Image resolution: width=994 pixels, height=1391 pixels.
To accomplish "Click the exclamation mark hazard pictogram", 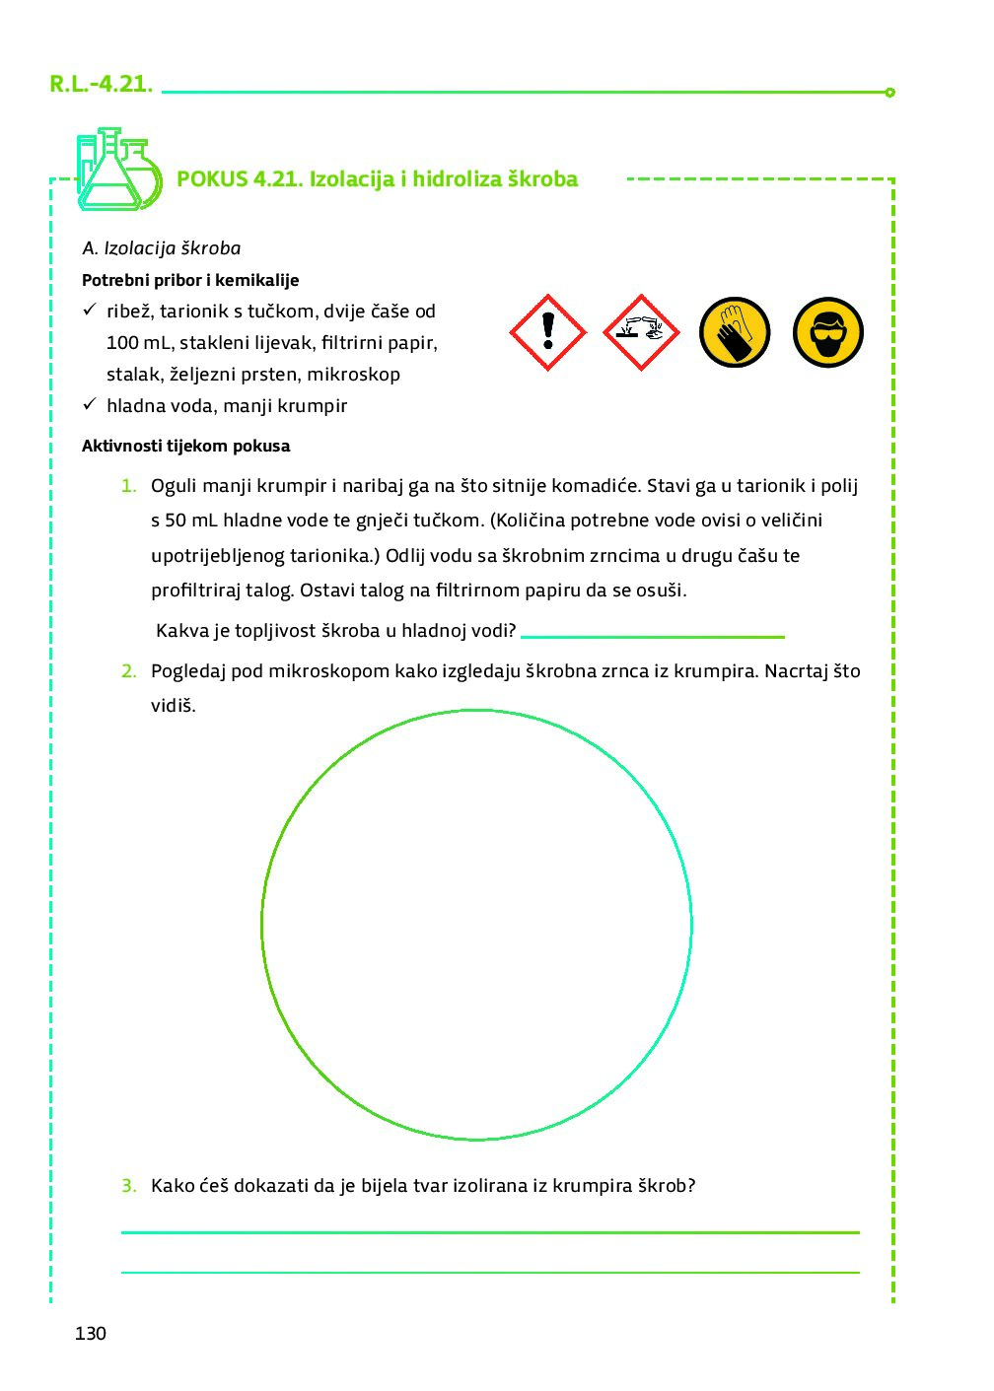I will (x=547, y=332).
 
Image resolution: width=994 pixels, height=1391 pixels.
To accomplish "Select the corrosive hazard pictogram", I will (x=640, y=332).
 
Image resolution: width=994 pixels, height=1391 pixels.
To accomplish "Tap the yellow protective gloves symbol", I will (x=735, y=332).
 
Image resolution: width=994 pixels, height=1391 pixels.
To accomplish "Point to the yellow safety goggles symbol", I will (x=828, y=332).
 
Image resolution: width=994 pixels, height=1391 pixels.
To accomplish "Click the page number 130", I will (x=90, y=1333).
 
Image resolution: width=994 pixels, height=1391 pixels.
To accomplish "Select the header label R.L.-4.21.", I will (x=101, y=84).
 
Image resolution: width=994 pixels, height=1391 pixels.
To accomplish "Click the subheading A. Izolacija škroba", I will (x=162, y=248).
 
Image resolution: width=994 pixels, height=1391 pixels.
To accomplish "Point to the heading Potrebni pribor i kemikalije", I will (x=190, y=280).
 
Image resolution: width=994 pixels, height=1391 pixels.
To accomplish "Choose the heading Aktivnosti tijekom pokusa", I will (x=185, y=446).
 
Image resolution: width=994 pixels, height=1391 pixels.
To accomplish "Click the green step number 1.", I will (x=128, y=485).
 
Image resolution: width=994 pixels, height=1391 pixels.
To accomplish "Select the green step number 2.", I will (x=128, y=671).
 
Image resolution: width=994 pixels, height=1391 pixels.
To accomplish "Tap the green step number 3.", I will (x=128, y=1186).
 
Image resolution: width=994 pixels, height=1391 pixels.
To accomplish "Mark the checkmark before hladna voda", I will (x=89, y=404).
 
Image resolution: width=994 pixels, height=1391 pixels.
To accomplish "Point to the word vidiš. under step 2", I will (x=173, y=706).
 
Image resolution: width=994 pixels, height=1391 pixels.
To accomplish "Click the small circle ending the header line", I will (x=889, y=93).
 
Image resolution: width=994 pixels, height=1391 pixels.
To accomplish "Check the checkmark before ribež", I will (x=89, y=310).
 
